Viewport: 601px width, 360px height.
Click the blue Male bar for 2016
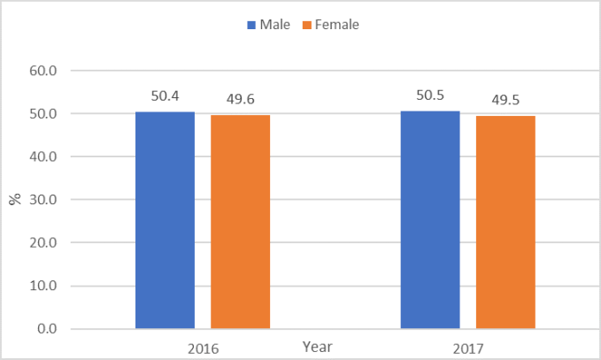(165, 220)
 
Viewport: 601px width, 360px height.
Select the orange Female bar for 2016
(240, 222)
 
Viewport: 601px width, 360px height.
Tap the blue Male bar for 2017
(430, 220)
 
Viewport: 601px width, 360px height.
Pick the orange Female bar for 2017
(505, 222)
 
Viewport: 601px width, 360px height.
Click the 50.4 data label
(165, 96)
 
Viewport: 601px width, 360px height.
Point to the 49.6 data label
(240, 99)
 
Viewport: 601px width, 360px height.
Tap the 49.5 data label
(505, 99)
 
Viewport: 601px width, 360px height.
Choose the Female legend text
(337, 25)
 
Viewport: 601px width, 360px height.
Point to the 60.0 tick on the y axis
(43, 71)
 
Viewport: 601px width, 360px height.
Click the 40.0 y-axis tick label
(43, 157)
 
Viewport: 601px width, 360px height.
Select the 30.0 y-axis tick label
(43, 200)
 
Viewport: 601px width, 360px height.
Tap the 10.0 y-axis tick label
(43, 286)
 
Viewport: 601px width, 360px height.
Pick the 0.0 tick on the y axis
(47, 329)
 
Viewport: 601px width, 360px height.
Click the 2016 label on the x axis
(203, 348)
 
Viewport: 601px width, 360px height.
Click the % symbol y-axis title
(15, 199)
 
